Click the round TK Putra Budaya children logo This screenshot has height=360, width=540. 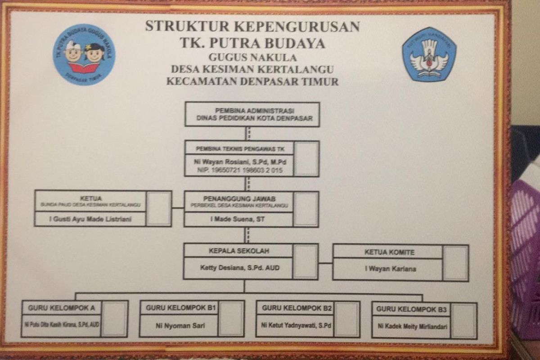(x=84, y=55)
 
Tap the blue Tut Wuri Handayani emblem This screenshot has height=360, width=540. (x=429, y=54)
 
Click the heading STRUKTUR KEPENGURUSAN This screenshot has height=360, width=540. (x=252, y=26)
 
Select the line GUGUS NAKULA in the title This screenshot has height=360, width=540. (x=252, y=58)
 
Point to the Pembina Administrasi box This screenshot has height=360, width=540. (x=252, y=114)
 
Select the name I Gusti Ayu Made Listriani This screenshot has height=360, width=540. (x=90, y=219)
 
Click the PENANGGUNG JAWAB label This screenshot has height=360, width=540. (x=238, y=198)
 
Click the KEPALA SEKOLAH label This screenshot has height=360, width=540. (x=238, y=251)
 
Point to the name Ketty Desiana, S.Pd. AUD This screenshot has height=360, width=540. (x=239, y=268)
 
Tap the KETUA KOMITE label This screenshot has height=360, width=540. (x=389, y=252)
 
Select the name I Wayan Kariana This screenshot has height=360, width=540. (x=390, y=269)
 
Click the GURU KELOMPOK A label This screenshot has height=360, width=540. (x=61, y=308)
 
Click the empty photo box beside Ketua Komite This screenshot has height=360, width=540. (x=455, y=263)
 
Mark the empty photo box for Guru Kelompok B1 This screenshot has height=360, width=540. (x=231, y=319)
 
